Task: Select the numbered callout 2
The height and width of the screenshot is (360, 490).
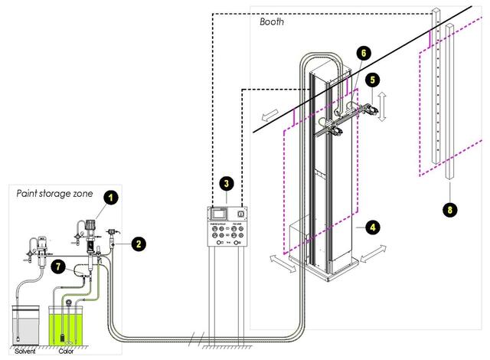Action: [x=139, y=244]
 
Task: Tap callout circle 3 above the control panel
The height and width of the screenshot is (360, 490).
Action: [x=226, y=183]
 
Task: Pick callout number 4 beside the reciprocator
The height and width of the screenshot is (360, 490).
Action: [x=372, y=227]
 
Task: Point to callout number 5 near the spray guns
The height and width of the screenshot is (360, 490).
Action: [x=372, y=78]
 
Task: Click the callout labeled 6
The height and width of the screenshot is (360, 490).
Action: [x=364, y=52]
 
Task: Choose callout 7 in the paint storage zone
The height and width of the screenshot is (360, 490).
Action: [x=58, y=266]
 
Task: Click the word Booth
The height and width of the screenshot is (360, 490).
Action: [x=272, y=22]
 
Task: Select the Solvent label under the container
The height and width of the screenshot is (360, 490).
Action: [x=25, y=353]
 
